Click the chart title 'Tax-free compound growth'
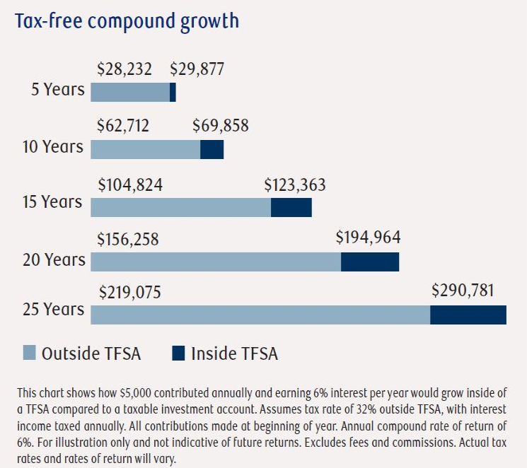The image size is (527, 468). (128, 21)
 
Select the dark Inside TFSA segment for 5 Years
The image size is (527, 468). (173, 92)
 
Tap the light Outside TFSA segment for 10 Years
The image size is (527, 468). (146, 148)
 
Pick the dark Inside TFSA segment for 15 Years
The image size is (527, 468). (291, 207)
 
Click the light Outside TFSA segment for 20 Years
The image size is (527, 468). (216, 261)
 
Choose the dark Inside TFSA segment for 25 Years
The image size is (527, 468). (468, 315)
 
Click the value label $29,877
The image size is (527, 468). (197, 70)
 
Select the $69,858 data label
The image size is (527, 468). (221, 127)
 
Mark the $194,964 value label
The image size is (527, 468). (368, 237)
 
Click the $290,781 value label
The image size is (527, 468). (463, 291)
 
